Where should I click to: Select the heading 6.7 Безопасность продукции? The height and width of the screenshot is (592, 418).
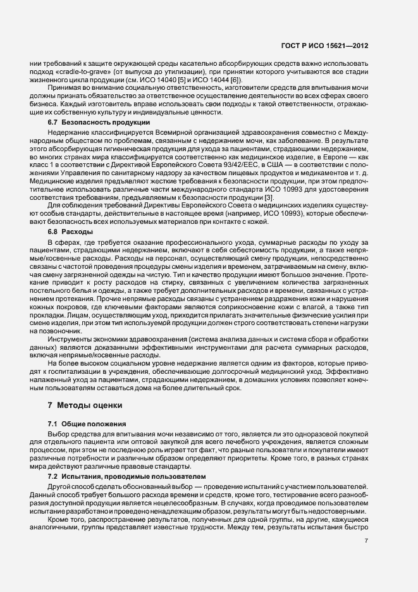[x=99, y=121]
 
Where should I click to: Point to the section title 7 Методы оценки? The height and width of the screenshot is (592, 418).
[x=82, y=404]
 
